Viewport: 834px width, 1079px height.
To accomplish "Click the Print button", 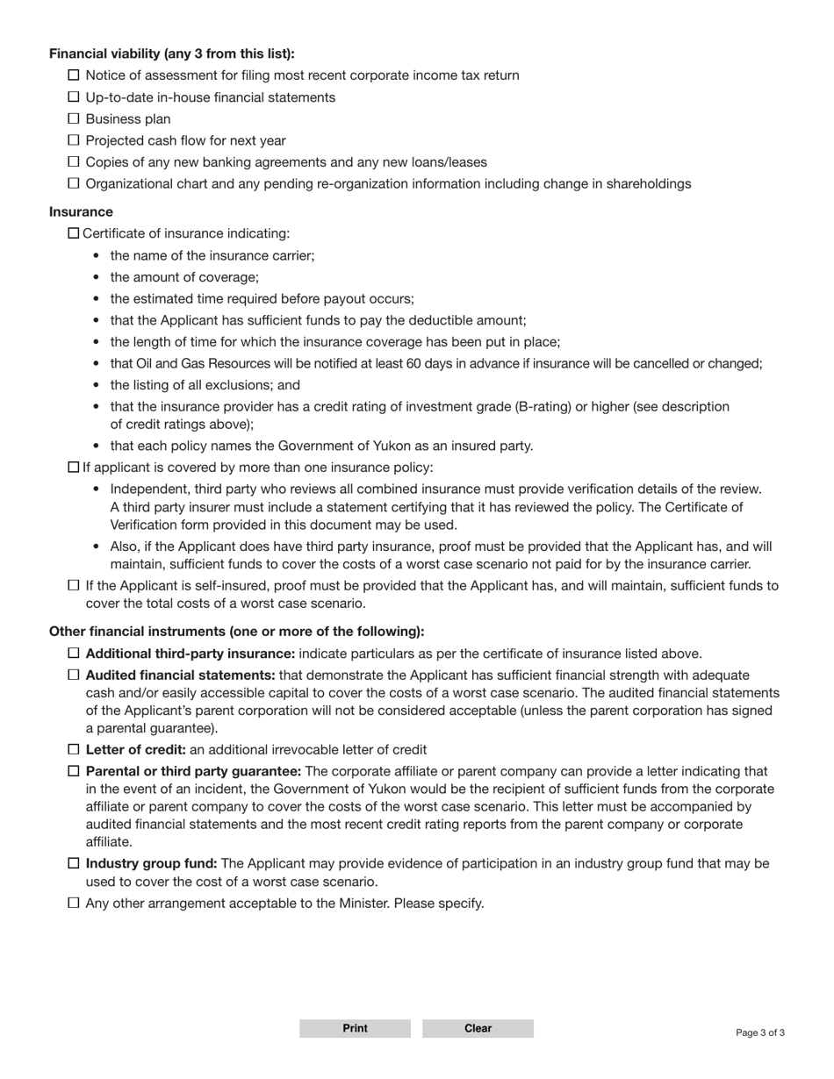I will point(355,1028).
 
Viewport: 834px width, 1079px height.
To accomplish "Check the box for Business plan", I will point(74,118).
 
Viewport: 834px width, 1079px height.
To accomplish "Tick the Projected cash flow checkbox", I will point(74,140).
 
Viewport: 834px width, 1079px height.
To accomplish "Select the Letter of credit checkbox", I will point(74,749).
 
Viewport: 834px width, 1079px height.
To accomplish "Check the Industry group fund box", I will point(74,863).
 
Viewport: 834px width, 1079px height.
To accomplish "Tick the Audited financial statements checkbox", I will point(74,675).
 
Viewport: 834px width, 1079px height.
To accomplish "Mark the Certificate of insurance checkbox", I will point(74,233).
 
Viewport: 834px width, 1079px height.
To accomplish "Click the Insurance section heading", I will point(81,211).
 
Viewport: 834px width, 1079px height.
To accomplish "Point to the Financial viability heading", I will point(171,54).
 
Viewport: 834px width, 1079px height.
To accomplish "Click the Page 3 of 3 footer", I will point(760,1033).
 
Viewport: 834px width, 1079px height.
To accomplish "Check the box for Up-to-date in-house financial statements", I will point(74,97).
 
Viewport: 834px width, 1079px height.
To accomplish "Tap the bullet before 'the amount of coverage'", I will point(95,277).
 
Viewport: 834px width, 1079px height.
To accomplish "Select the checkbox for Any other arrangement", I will point(74,903).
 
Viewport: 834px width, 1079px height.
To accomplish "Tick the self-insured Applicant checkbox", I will point(74,585).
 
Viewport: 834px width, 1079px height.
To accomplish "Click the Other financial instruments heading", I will point(236,632).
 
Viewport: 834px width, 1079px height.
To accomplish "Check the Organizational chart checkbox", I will point(74,183).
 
